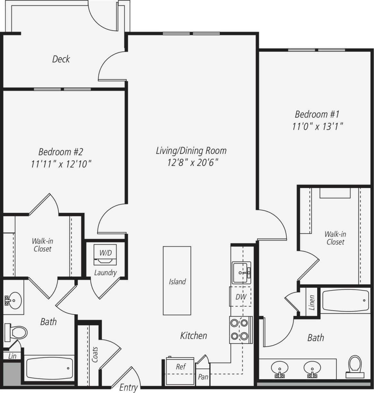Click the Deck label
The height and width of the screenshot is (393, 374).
(61, 59)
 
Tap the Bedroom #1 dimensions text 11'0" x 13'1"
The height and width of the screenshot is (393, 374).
(317, 126)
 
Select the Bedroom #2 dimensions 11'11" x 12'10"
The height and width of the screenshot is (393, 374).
(61, 164)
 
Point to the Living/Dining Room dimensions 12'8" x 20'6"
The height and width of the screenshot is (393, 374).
(192, 163)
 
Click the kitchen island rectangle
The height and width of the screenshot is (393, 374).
(177, 281)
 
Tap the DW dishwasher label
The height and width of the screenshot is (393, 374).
(241, 296)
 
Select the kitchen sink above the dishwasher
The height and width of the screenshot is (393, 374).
(241, 272)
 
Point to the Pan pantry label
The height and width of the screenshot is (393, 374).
(203, 376)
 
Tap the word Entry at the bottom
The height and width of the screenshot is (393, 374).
(128, 388)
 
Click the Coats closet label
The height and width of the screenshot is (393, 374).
(95, 354)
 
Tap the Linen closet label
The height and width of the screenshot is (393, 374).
(312, 303)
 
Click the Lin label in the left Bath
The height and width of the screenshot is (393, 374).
(12, 356)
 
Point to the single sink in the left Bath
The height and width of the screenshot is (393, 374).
(13, 301)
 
